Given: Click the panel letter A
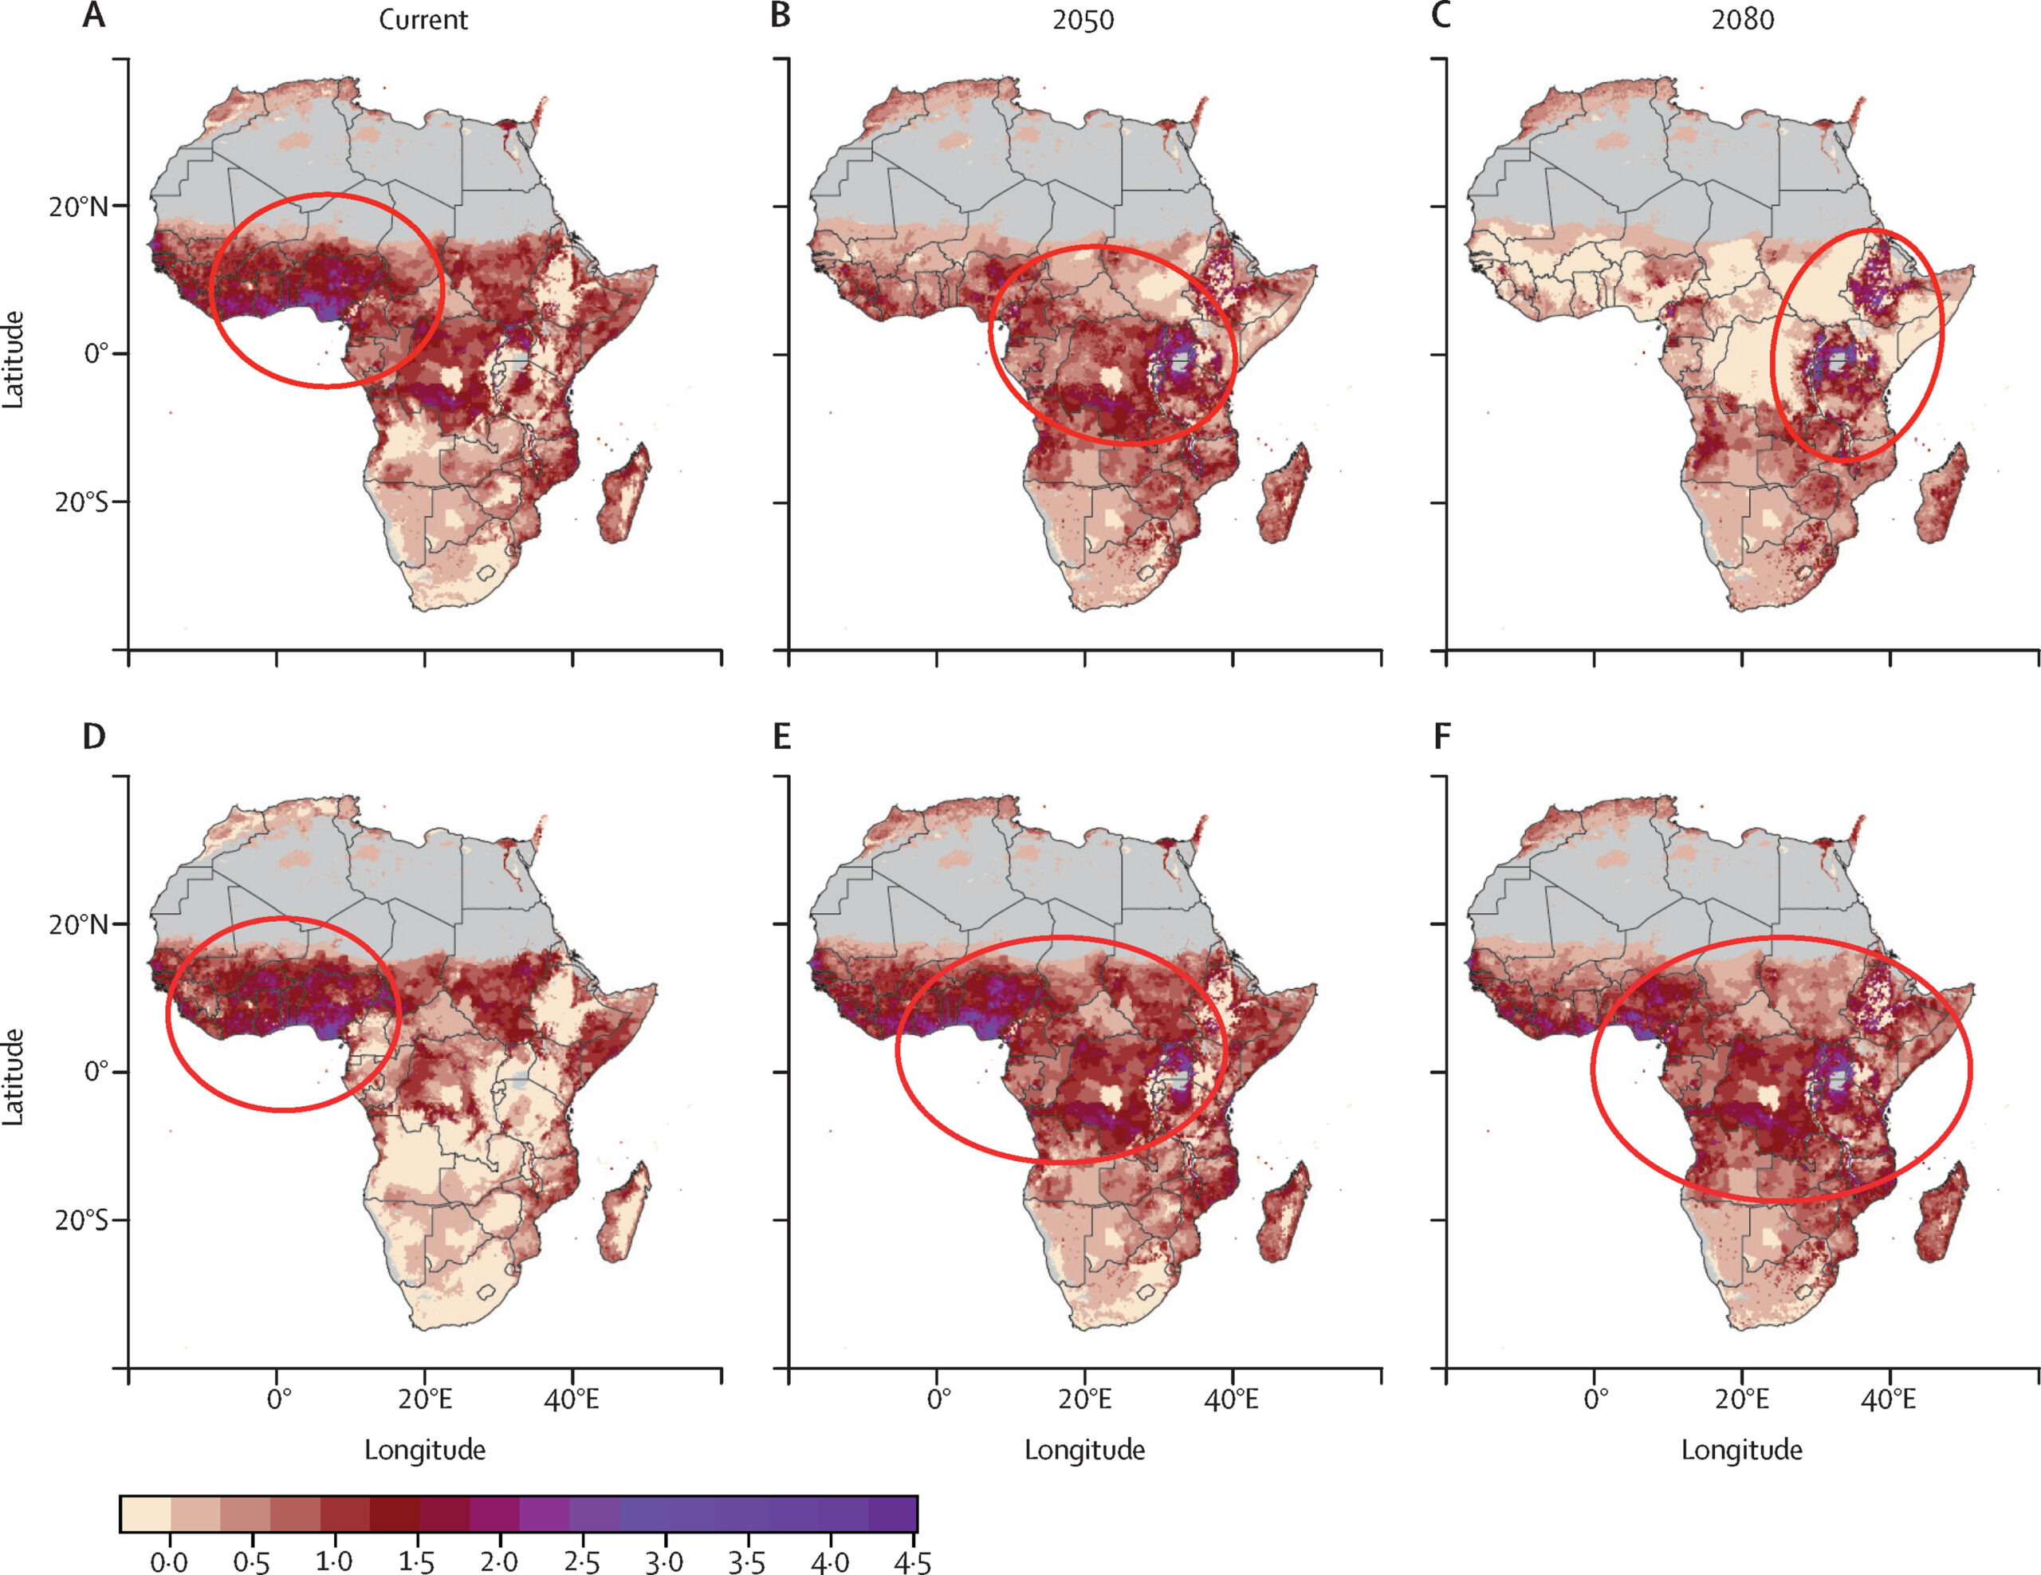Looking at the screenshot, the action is (x=93, y=16).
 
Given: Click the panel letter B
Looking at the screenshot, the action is (x=781, y=16).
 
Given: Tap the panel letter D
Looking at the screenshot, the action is (x=93, y=737).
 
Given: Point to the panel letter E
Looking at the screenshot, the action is (x=781, y=737).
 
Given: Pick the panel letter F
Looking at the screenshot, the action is (x=1442, y=737).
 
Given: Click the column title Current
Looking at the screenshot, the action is (x=423, y=20).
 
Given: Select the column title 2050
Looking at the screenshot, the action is (x=1083, y=20).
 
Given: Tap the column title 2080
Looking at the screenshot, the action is (x=1742, y=20).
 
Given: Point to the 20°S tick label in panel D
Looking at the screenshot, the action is (x=82, y=1220).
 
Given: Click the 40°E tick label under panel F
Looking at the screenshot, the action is (x=1890, y=1400).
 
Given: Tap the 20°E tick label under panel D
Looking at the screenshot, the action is (x=425, y=1400).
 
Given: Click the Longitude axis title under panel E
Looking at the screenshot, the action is (x=1084, y=1450).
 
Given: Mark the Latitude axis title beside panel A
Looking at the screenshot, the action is (x=13, y=359).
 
